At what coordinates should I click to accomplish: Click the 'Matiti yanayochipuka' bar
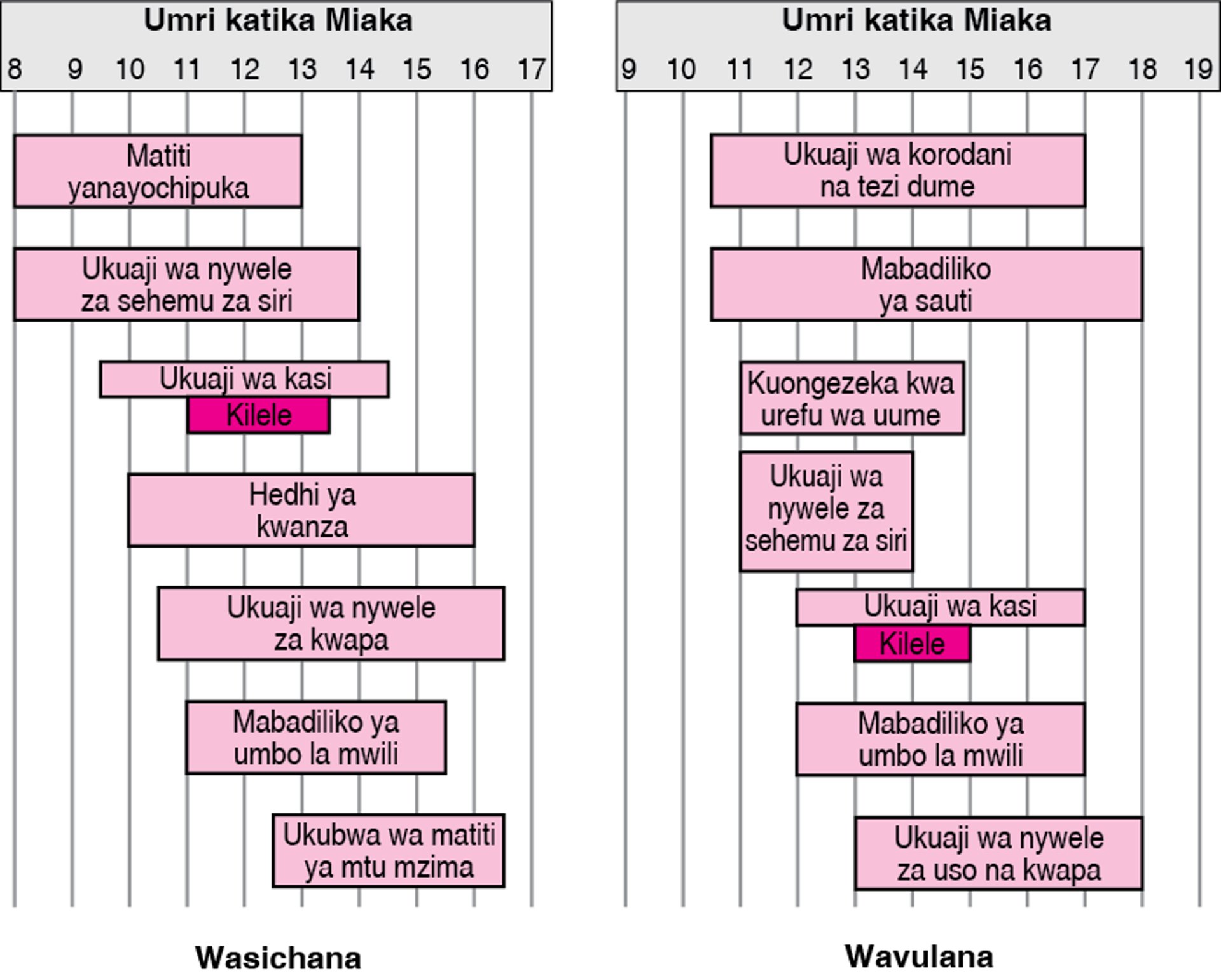coord(158,171)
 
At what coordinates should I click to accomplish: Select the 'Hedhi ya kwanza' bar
coord(301,510)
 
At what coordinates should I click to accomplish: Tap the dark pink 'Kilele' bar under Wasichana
coord(258,415)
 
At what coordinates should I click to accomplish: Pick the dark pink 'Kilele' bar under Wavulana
coord(912,644)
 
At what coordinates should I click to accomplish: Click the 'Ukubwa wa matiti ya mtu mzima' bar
coord(389,851)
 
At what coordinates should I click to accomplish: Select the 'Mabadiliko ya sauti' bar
coord(926,284)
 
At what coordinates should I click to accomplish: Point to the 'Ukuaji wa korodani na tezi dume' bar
coord(897,170)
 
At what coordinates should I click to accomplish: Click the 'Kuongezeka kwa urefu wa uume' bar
coord(852,398)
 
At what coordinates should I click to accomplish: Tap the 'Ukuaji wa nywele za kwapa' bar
coord(331,624)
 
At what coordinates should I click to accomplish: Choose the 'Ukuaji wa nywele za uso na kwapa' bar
coord(998,853)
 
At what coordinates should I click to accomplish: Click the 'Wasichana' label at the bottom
coord(278,957)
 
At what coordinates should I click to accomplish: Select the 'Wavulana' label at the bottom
coord(919,956)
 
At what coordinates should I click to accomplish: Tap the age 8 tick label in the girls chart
coord(14,69)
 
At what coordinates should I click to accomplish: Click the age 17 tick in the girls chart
coord(531,69)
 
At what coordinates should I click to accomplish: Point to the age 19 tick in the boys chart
coord(1199,69)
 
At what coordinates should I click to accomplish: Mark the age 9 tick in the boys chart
coord(628,69)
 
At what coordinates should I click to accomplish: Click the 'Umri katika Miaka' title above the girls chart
coord(278,20)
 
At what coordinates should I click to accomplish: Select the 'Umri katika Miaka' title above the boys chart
coord(916,20)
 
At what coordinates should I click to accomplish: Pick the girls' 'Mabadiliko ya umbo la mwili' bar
coord(315,738)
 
